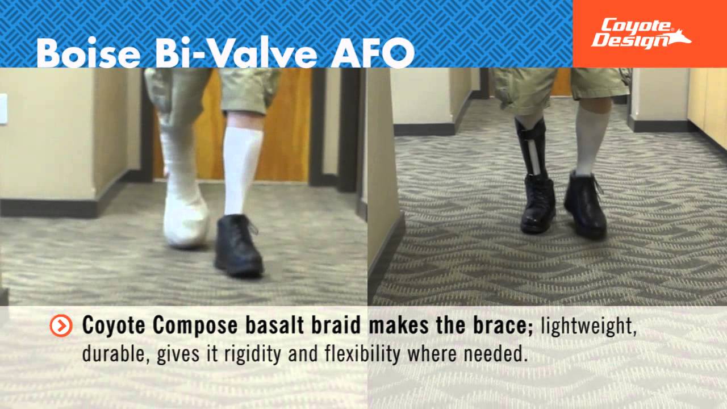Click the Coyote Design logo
pyautogui.click(x=641, y=34)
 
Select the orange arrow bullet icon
pyautogui.click(x=61, y=325)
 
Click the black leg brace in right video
pyautogui.click(x=532, y=148)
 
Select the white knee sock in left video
pyautogui.click(x=243, y=170)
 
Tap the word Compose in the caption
pyautogui.click(x=187, y=326)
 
